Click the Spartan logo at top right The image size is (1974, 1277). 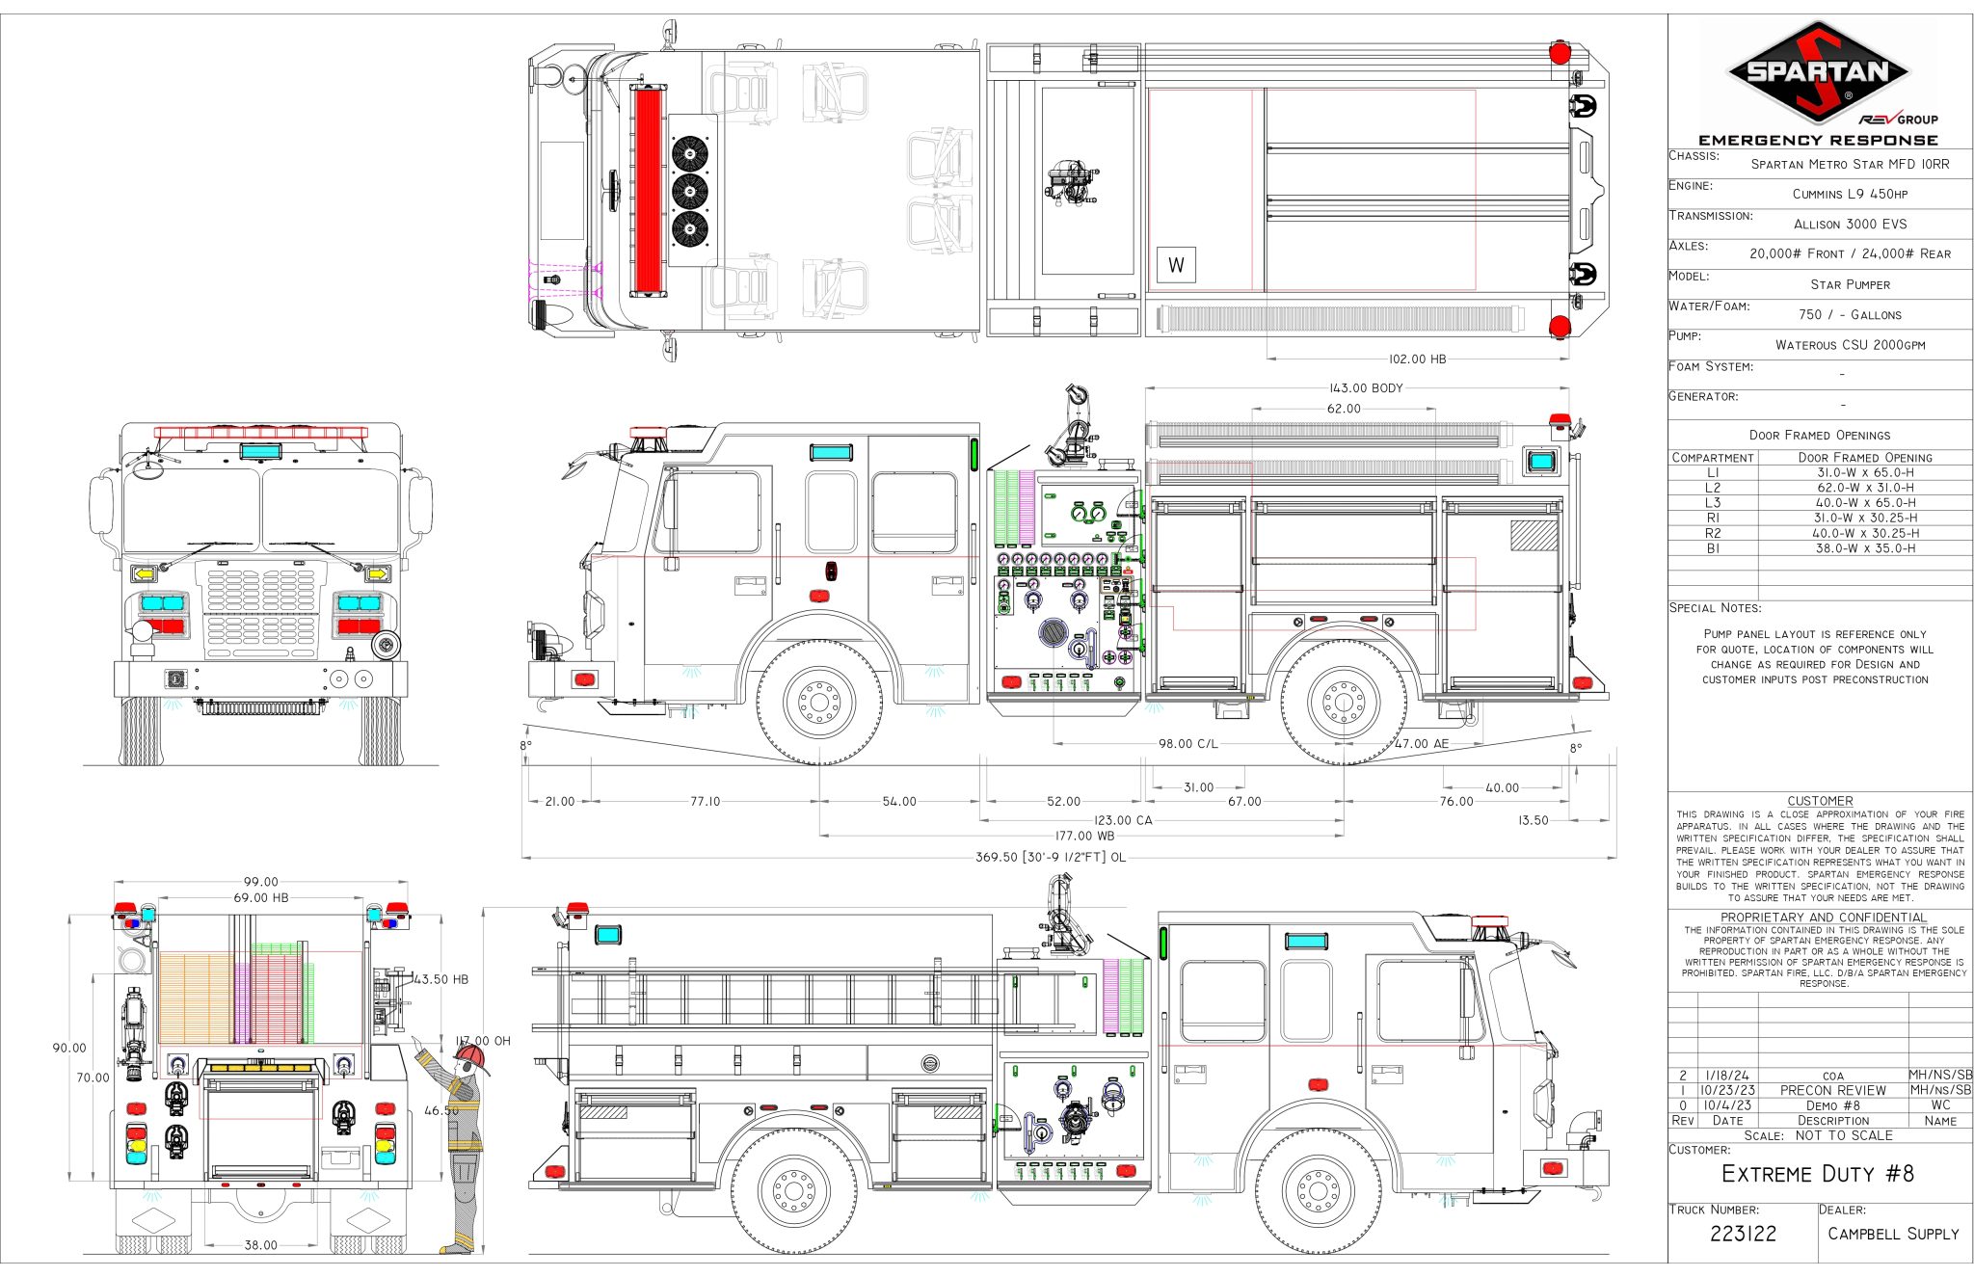click(x=1818, y=73)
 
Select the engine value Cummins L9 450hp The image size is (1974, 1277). click(x=1850, y=194)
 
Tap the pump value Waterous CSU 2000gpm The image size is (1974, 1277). click(x=1850, y=344)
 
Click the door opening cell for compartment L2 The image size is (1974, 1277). click(x=1865, y=488)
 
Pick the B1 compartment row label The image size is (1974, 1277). click(x=1713, y=548)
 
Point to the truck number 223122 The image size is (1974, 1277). click(x=1743, y=1234)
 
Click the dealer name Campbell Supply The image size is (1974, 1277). click(x=1893, y=1234)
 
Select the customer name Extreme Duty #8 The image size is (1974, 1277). click(x=1818, y=1174)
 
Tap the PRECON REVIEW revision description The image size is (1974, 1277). click(x=1832, y=1090)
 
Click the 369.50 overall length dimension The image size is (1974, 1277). click(x=1050, y=857)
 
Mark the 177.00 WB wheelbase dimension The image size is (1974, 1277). click(x=1084, y=836)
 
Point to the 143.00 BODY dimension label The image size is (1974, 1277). click(x=1366, y=388)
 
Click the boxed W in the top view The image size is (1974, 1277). click(x=1176, y=265)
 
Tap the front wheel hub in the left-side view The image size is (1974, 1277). click(x=818, y=701)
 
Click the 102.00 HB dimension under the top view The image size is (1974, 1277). click(x=1417, y=359)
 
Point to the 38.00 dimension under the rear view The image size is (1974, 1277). click(x=260, y=1244)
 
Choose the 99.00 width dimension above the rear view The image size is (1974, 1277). click(x=260, y=882)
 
